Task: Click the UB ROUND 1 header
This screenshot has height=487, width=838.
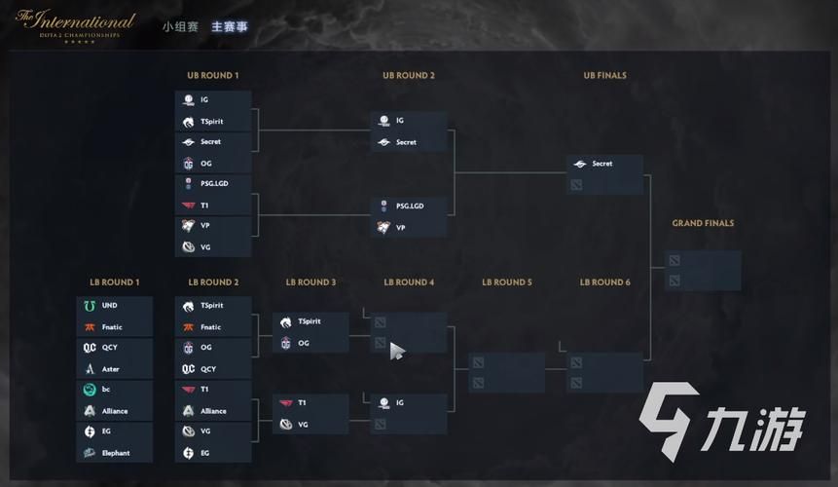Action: coord(212,75)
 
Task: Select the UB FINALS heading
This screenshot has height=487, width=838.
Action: coord(604,75)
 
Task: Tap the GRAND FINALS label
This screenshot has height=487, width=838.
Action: coord(703,223)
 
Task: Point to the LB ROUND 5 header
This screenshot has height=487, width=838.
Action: coord(506,282)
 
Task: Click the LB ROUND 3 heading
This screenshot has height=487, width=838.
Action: coord(310,282)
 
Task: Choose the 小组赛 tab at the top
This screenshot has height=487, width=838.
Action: coord(180,26)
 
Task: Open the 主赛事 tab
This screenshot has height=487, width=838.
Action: coord(229,26)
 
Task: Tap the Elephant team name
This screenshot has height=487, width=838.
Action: coord(116,453)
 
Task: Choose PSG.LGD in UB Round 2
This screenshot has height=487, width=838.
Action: coord(410,206)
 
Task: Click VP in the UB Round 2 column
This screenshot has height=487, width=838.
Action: coord(400,227)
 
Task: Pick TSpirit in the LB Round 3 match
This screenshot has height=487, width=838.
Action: coord(310,321)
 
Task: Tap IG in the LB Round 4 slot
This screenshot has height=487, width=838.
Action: coord(399,402)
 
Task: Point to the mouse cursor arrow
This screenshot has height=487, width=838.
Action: coord(396,351)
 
